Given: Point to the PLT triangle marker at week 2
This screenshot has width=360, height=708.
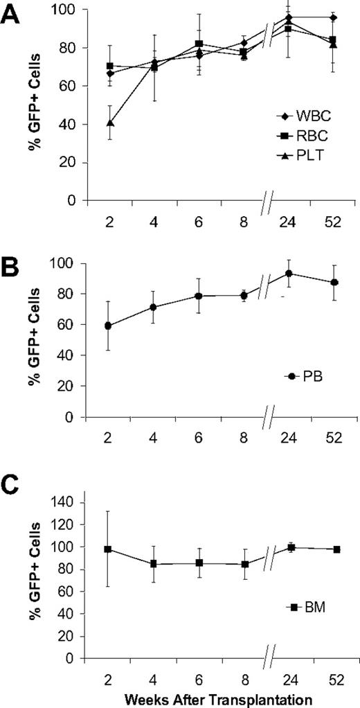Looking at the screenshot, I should pyautogui.click(x=110, y=123).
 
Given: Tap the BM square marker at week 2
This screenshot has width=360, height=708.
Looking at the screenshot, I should pyautogui.click(x=110, y=549).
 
